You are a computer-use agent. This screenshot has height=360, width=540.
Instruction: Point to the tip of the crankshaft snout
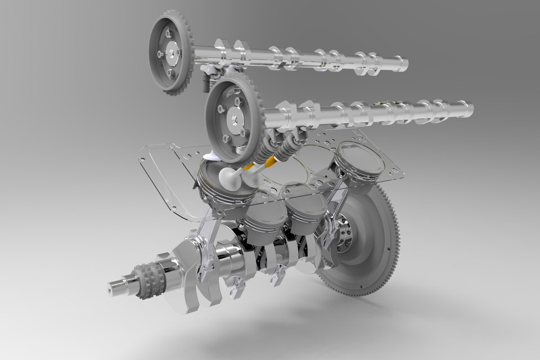point(112,289)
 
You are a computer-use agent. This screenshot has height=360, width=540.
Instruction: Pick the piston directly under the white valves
point(225,188)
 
